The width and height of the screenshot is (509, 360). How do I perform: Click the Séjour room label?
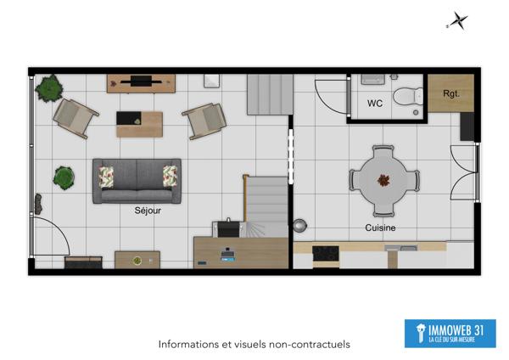pos(147,211)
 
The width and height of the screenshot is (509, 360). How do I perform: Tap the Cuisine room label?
pos(380,228)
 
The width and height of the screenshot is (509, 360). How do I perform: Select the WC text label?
pos(375,104)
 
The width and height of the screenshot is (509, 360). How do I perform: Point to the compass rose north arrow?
pos(458,21)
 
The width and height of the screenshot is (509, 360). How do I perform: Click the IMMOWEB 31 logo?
pos(450,333)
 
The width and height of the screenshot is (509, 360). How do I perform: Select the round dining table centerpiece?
pos(384,180)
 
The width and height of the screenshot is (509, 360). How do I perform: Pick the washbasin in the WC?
pos(373,79)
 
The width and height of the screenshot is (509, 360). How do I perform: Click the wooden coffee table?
pos(139,124)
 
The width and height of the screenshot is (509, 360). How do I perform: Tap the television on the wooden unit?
pos(141,82)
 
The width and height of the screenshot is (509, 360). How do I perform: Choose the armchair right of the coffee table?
pos(204,121)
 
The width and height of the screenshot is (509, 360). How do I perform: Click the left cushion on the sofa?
pos(106,176)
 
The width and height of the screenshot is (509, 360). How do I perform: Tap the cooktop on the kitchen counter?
pos(326,252)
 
